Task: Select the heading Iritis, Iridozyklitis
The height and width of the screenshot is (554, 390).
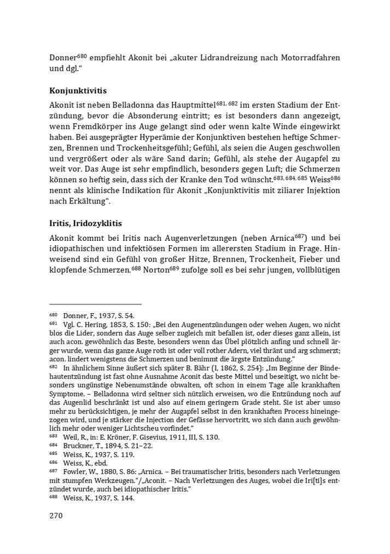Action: tap(85, 223)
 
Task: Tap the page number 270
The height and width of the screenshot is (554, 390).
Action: tap(56, 516)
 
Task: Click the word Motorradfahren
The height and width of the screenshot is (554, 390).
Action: tap(310, 57)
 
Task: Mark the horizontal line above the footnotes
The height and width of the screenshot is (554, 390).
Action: tap(95, 303)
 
